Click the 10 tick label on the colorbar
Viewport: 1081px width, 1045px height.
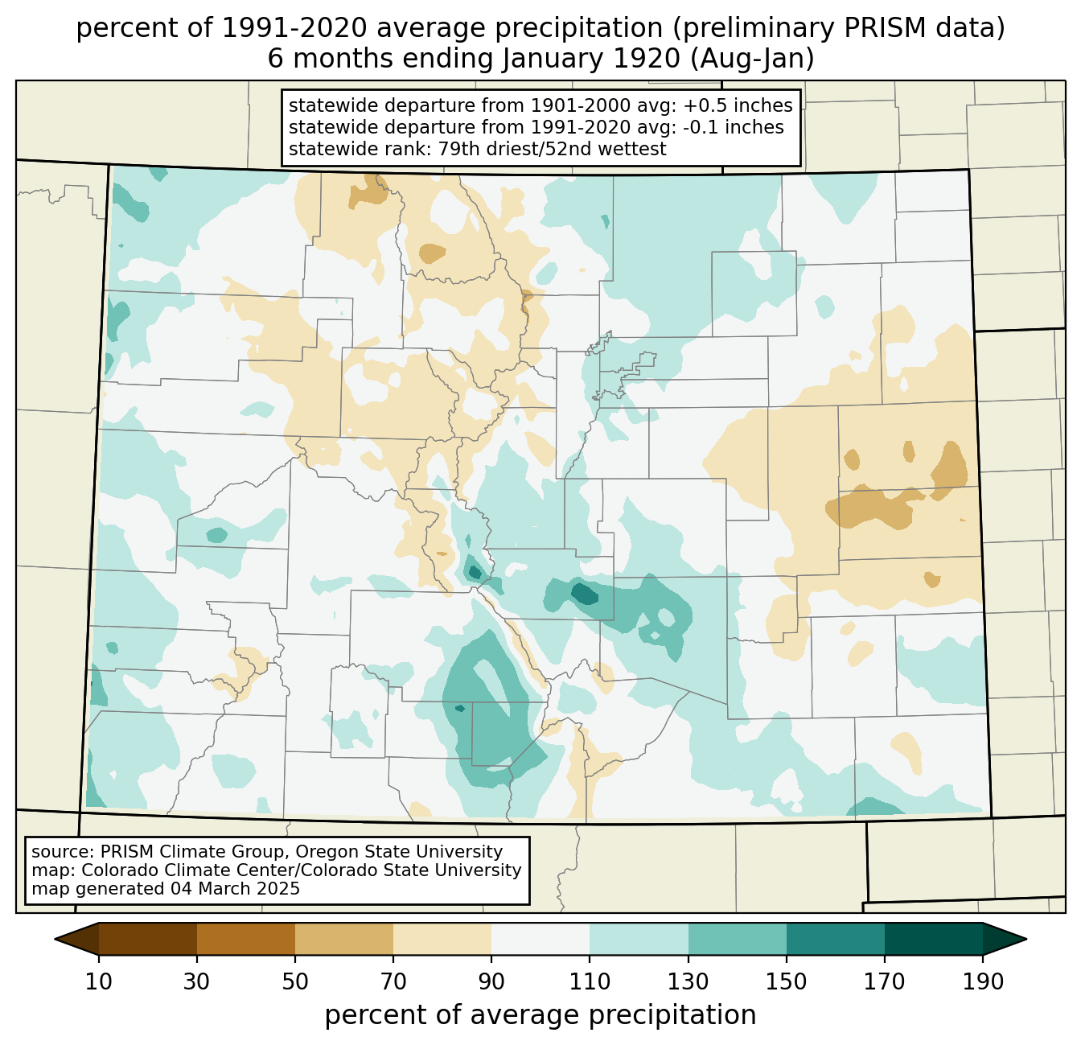click(x=99, y=982)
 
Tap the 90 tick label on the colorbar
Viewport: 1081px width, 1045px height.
click(x=491, y=982)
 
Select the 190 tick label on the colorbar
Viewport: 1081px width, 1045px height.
click(x=982, y=982)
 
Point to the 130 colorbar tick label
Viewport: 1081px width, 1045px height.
click(x=688, y=982)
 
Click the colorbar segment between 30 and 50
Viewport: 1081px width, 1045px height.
click(x=246, y=939)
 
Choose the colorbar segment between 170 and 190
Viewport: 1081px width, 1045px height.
click(x=933, y=939)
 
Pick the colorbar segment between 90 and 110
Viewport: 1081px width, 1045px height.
click(x=540, y=939)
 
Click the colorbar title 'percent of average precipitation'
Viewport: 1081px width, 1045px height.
click(x=540, y=1015)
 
